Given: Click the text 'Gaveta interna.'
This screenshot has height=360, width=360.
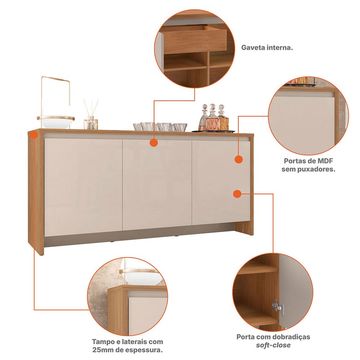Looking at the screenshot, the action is coord(267,48).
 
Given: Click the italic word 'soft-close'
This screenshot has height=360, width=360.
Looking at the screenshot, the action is coord(273,345).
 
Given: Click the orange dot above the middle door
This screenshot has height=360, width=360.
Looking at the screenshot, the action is coord(154,143).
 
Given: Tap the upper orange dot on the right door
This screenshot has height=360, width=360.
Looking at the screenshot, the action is coord(239,159).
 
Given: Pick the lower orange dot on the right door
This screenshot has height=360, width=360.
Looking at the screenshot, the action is coord(237,194).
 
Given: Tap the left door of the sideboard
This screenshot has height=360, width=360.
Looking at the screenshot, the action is coord(83,187).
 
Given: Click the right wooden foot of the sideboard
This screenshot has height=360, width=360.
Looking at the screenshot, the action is coord(244,229).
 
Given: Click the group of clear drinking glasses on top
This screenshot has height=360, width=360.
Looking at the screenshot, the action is coord(160,127).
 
